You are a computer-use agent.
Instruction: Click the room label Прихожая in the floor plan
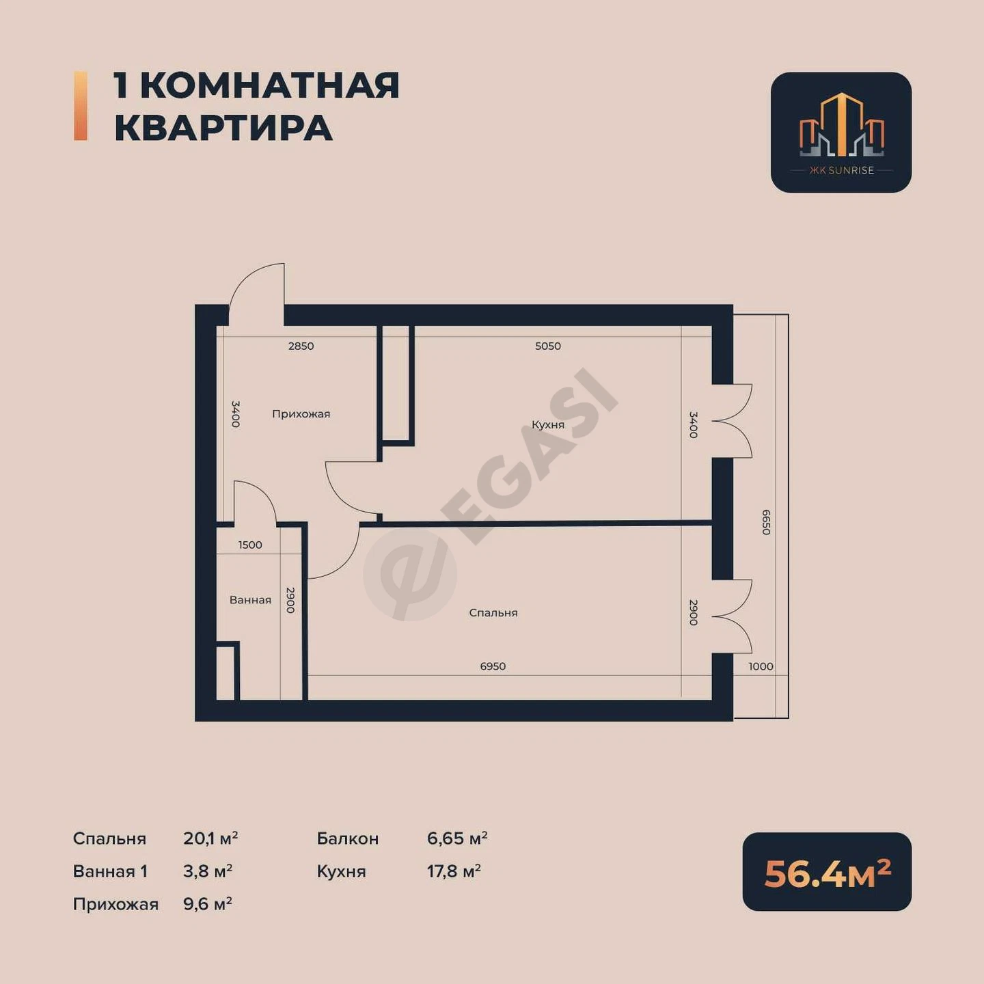(301, 413)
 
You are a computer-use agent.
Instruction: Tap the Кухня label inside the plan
(547, 424)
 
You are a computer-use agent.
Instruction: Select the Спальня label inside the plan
(493, 612)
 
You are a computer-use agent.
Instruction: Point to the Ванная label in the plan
(250, 599)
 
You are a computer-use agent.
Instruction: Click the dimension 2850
(301, 346)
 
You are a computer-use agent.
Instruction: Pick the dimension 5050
(548, 346)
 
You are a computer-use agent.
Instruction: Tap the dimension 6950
(493, 666)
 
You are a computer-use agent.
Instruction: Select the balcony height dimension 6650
(765, 522)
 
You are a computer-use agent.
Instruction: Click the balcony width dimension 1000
(761, 666)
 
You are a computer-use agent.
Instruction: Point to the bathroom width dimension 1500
(250, 545)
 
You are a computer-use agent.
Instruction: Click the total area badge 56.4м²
(827, 874)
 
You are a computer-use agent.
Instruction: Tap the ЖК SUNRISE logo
(841, 133)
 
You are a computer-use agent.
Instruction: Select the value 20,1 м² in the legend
(210, 838)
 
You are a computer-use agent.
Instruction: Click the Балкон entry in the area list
(348, 838)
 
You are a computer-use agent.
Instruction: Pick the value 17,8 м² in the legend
(454, 871)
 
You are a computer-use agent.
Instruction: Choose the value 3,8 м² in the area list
(207, 871)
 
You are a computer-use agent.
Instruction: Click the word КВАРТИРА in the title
(223, 128)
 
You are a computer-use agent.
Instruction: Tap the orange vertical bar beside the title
(81, 106)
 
